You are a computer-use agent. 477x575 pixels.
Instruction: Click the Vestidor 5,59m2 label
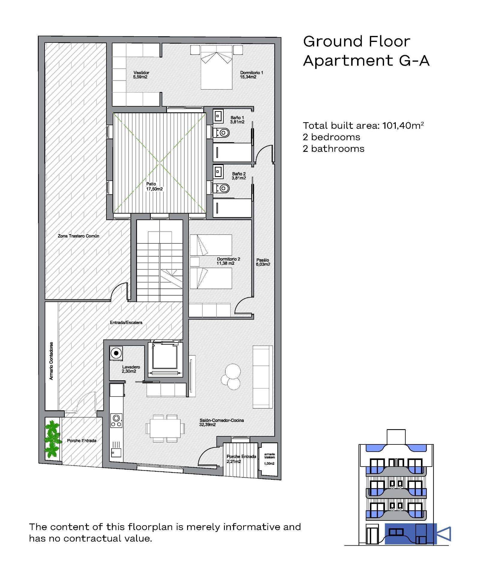click(141, 75)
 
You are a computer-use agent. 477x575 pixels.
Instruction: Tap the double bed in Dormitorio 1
click(216, 67)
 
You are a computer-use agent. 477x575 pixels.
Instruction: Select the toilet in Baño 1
click(222, 132)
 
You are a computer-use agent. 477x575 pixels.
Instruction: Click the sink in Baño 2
click(218, 172)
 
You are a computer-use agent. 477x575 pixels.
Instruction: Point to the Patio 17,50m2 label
click(154, 187)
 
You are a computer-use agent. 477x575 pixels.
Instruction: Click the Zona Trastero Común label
click(79, 236)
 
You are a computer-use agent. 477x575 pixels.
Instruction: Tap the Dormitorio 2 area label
click(228, 261)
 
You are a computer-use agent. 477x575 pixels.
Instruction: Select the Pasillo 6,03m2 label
click(263, 262)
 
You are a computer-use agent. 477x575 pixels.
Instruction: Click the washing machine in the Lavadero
click(116, 353)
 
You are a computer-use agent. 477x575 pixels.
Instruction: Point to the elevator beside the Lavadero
click(165, 358)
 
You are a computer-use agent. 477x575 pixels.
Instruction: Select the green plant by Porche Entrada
click(52, 440)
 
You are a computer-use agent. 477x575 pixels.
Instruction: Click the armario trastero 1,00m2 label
click(269, 459)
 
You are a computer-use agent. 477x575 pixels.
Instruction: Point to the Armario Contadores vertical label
click(51, 361)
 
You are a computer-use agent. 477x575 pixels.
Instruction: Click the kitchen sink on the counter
click(116, 453)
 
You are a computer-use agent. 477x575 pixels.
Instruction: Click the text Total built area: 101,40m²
click(363, 125)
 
